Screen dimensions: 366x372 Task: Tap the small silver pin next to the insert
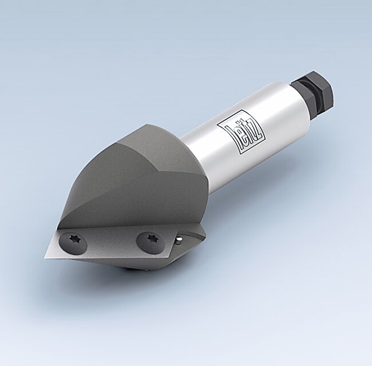pyautogui.click(x=179, y=238)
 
